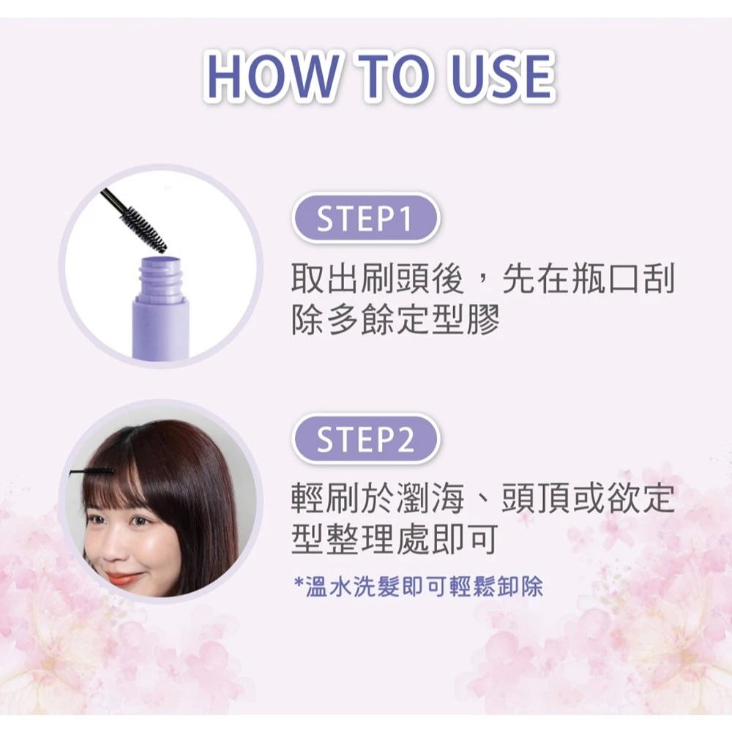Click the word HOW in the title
(272, 77)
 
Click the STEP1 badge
(365, 218)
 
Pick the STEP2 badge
(365, 438)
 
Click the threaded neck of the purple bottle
(160, 277)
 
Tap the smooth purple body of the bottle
(160, 329)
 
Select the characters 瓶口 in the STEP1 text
(607, 279)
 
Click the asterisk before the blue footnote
(299, 583)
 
